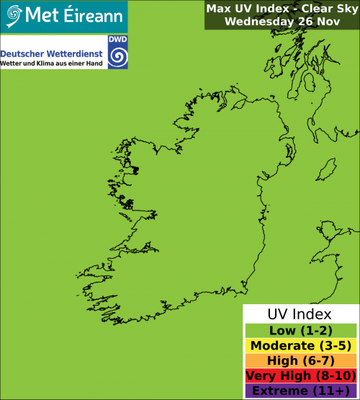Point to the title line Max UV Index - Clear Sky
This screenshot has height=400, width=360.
point(281,9)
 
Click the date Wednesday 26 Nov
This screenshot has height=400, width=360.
point(281,21)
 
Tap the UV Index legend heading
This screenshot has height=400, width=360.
point(300,314)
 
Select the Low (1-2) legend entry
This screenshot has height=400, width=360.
point(300,330)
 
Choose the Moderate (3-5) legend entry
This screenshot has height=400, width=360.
point(300,345)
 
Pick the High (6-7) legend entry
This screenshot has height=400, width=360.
point(300,360)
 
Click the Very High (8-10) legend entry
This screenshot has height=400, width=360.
point(300,375)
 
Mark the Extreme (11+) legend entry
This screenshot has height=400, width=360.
point(300,391)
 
